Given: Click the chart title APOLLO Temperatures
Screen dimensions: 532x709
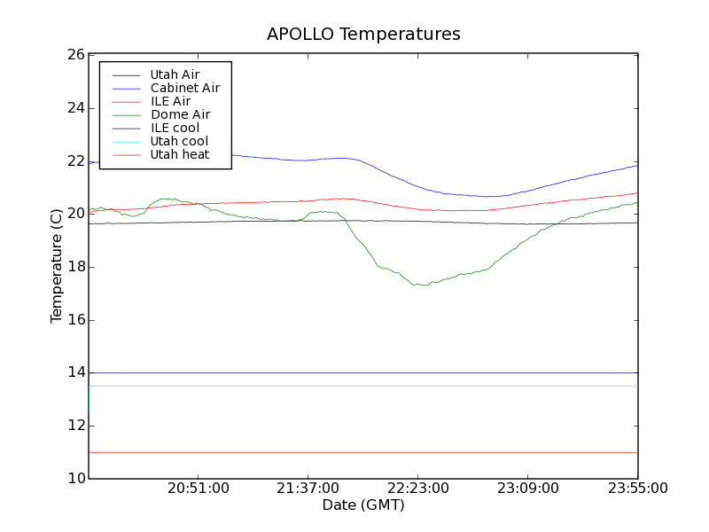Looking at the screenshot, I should tap(363, 35).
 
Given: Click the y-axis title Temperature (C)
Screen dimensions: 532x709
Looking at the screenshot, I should tap(57, 267).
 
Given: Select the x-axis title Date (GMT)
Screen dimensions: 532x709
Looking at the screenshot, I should tap(363, 505).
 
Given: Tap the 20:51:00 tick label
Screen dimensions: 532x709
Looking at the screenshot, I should tap(199, 489).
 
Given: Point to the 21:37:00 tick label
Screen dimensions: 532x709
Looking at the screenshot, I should tap(308, 489).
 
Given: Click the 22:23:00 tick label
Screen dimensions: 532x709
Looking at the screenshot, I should tap(418, 489).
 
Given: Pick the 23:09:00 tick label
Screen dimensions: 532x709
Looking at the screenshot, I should tap(528, 489).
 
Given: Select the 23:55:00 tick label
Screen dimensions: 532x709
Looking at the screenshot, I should tap(636, 489).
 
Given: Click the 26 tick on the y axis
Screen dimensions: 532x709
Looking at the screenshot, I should tap(75, 55).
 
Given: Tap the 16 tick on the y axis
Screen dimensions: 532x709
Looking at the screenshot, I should tap(75, 320).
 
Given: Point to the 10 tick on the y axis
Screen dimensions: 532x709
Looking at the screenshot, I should tap(75, 479).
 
